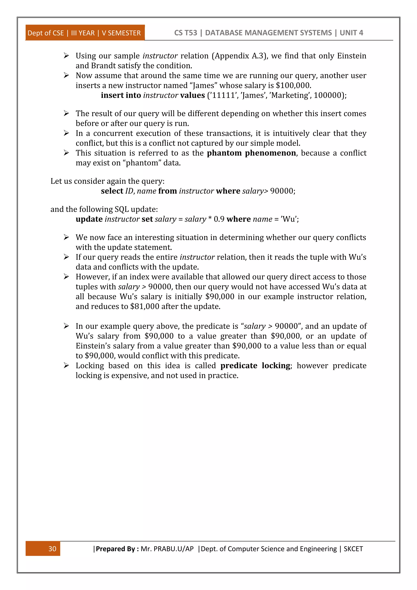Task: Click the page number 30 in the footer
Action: tap(52, 549)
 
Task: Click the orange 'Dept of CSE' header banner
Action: tap(84, 33)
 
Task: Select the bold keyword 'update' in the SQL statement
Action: tap(89, 219)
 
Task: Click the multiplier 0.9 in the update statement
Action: tap(219, 219)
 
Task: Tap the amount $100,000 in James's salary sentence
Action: tap(293, 85)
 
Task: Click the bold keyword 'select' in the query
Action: tap(112, 191)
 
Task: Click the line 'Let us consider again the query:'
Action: tap(107, 181)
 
